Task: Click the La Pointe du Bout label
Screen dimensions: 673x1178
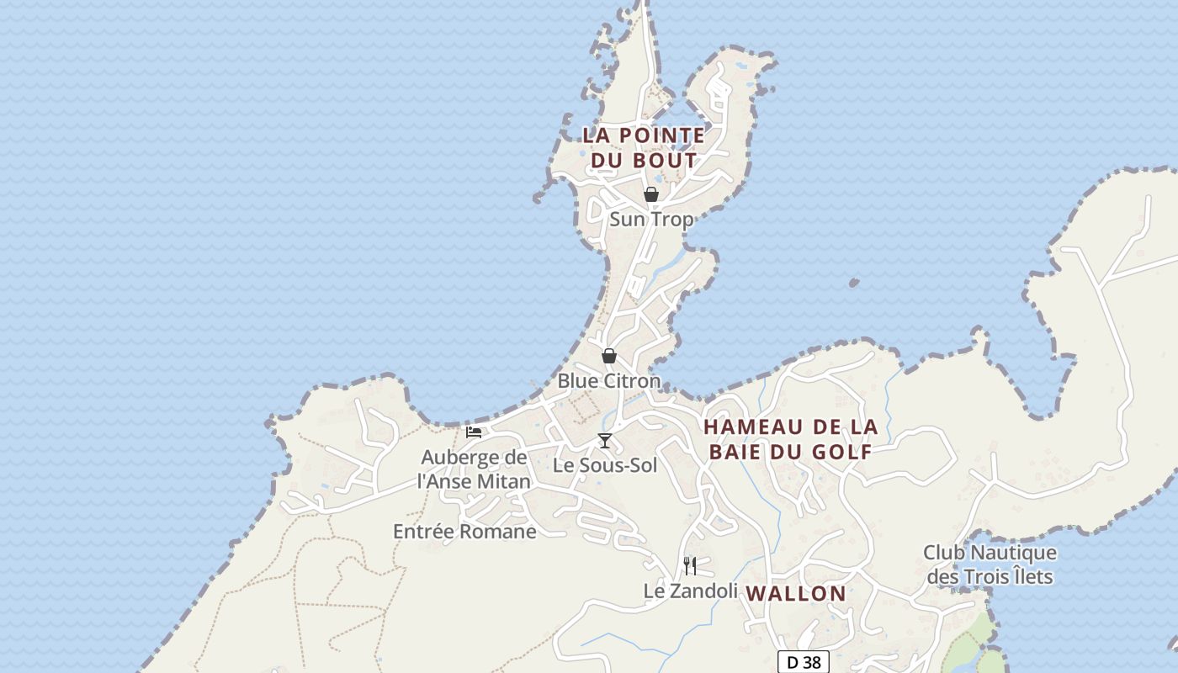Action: click(x=644, y=147)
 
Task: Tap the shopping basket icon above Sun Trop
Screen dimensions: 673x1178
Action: click(x=650, y=194)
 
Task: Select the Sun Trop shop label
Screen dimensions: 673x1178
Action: click(x=651, y=220)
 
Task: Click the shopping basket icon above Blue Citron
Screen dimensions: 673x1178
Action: click(x=609, y=356)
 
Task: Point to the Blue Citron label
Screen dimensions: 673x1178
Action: click(x=609, y=381)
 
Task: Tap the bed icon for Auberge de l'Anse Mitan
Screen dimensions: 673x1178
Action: click(x=474, y=432)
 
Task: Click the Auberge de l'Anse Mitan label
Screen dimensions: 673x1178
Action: click(x=475, y=469)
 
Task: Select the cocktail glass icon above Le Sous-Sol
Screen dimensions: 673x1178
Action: click(x=604, y=440)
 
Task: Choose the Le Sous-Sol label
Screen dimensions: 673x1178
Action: click(x=605, y=465)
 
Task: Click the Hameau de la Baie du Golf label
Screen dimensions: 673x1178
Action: click(x=791, y=439)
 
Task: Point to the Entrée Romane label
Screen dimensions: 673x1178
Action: click(x=464, y=532)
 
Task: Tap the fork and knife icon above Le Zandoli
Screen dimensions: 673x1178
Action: click(x=690, y=565)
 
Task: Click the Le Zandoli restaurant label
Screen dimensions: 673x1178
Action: click(x=690, y=591)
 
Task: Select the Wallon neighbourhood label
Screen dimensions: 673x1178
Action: click(x=796, y=593)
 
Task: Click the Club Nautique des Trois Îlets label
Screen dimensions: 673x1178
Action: click(x=990, y=564)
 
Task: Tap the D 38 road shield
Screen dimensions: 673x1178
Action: click(x=803, y=662)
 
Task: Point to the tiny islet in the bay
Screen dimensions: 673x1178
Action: click(x=854, y=284)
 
